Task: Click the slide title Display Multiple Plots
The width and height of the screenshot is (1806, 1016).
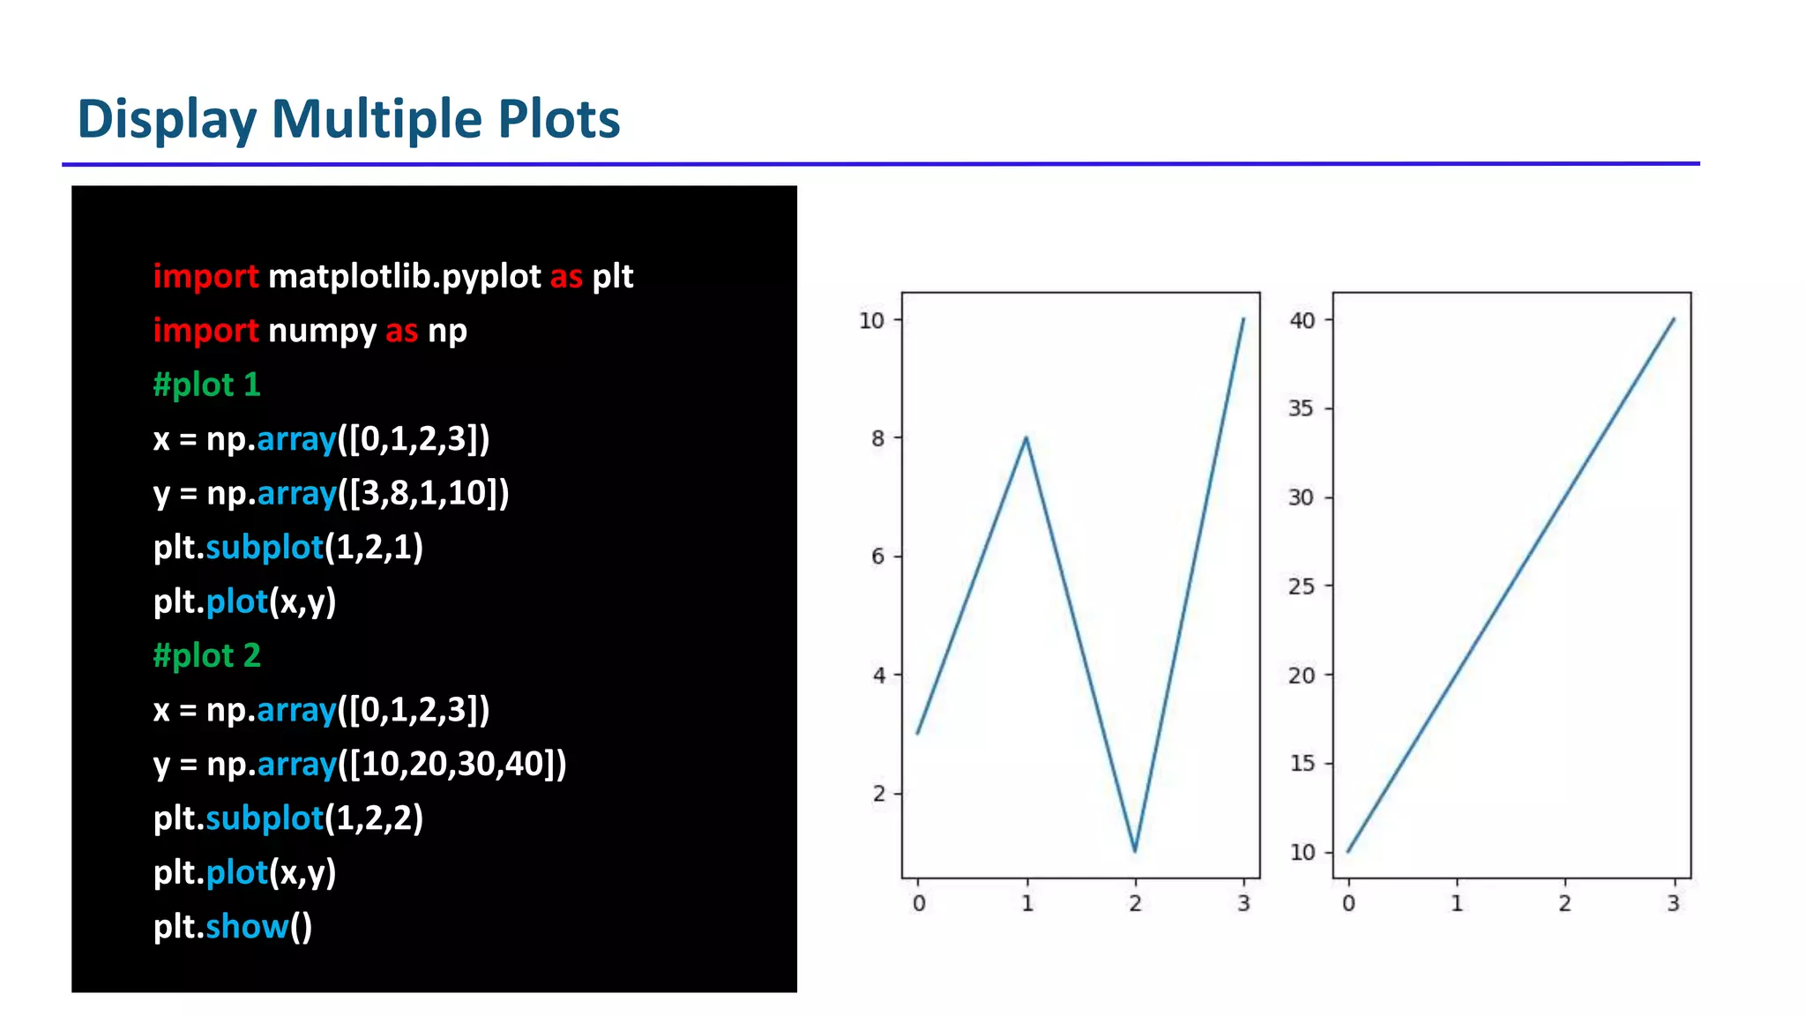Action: click(x=348, y=119)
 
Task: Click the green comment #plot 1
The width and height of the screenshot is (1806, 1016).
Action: click(x=206, y=385)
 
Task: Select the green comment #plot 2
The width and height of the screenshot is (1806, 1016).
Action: click(x=206, y=655)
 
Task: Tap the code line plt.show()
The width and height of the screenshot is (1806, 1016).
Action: click(x=232, y=926)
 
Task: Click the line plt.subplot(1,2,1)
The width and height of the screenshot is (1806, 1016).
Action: click(x=287, y=548)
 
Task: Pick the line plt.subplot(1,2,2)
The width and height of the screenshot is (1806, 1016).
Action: click(x=287, y=818)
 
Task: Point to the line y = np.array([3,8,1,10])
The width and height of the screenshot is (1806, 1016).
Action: click(x=331, y=493)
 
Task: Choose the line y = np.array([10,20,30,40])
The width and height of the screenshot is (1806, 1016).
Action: click(x=359, y=764)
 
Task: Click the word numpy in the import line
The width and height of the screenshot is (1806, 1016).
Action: click(x=322, y=331)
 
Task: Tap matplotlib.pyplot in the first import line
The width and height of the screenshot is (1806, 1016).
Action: click(x=404, y=277)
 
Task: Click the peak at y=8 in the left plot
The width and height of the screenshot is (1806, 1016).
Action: click(x=1026, y=437)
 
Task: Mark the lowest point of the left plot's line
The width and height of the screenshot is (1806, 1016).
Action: click(x=1135, y=851)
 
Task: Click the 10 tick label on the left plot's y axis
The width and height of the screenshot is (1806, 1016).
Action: click(x=871, y=321)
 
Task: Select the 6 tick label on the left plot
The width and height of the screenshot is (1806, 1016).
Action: click(x=877, y=557)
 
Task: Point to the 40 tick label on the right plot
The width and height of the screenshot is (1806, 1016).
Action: click(x=1302, y=320)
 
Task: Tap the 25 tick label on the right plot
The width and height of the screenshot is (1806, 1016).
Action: click(x=1302, y=586)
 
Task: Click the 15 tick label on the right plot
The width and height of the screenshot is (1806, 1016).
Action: click(x=1302, y=764)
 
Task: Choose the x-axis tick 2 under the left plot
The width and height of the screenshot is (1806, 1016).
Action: click(x=1135, y=903)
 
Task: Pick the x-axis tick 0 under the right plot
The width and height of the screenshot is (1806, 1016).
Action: click(x=1348, y=903)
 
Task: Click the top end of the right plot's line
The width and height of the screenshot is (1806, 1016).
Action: click(x=1674, y=319)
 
